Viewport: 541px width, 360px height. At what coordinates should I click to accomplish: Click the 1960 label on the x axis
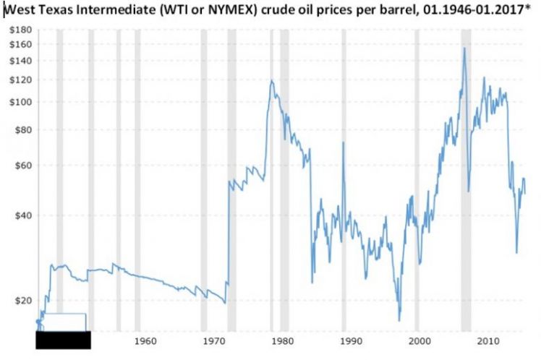click(145, 340)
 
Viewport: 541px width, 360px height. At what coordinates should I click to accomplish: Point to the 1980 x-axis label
click(282, 340)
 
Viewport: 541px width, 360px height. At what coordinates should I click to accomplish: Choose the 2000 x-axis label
click(419, 340)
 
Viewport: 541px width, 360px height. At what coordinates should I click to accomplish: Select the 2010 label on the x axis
click(488, 340)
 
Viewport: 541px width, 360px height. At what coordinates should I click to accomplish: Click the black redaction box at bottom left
click(63, 340)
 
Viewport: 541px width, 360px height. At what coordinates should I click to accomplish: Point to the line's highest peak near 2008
click(464, 48)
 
